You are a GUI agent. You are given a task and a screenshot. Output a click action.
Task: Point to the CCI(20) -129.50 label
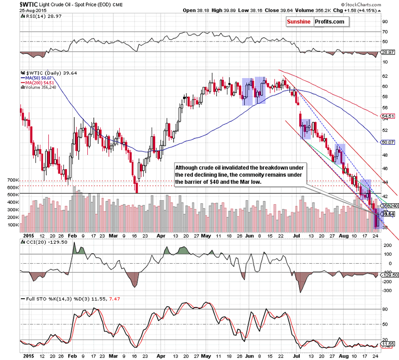coord(44,242)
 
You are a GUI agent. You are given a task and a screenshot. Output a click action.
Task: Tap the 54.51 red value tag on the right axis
coord(388,117)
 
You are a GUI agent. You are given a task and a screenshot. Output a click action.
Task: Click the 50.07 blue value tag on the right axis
coord(388,142)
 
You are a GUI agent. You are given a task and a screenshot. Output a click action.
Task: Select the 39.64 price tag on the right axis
coord(388,214)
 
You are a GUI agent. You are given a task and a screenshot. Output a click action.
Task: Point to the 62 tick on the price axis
coord(385,76)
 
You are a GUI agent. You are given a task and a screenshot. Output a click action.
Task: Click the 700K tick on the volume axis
coord(12,179)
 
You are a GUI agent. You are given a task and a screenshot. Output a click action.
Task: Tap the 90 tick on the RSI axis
coord(385,21)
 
